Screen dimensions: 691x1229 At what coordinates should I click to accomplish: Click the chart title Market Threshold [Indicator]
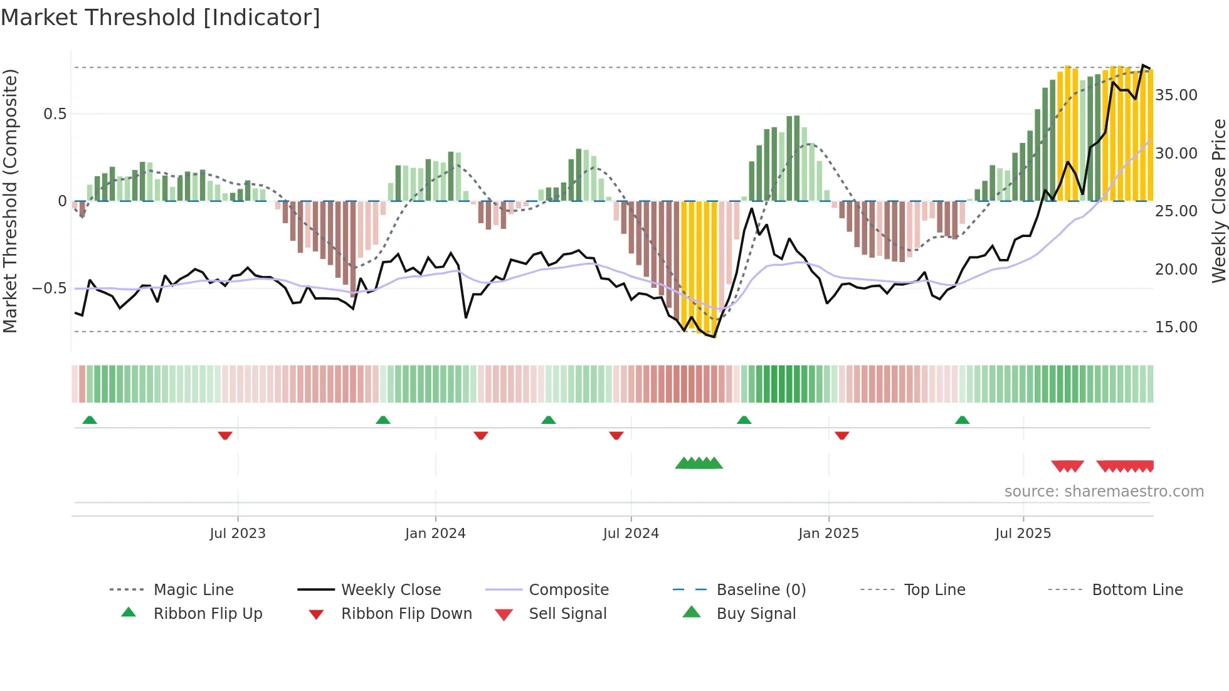coord(161,18)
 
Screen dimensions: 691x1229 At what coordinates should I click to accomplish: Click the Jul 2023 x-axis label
coord(238,534)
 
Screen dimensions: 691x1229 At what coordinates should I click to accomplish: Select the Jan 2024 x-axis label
coord(435,534)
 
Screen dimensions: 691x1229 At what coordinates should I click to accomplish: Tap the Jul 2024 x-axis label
coord(631,534)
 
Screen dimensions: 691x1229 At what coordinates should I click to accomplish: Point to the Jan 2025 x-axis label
coord(828,534)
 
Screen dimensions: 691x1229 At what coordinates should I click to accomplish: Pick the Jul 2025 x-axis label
coord(1023,534)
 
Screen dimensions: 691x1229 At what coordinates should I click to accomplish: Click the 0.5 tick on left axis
coord(55,114)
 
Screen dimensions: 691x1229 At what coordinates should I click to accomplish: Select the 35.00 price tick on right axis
coord(1176,95)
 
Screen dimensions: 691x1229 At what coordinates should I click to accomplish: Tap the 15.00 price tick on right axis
coord(1176,327)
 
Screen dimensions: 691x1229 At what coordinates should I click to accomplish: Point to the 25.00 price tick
coord(1176,211)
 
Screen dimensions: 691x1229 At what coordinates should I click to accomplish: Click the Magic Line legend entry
coord(193,590)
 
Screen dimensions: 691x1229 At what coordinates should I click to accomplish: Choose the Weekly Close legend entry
coord(391,590)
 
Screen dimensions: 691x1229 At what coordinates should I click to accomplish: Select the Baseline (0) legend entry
coord(761,590)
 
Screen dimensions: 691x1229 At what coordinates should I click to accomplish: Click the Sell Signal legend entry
coord(567,614)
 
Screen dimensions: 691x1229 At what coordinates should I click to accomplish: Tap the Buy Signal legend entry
coord(756,614)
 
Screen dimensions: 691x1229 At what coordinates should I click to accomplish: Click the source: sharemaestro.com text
coord(1104,492)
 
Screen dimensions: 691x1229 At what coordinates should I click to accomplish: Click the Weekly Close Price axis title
coord(1218,201)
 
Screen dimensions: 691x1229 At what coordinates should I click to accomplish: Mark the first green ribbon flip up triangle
coord(90,420)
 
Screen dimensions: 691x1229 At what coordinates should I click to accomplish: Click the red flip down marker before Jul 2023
coord(225,435)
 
